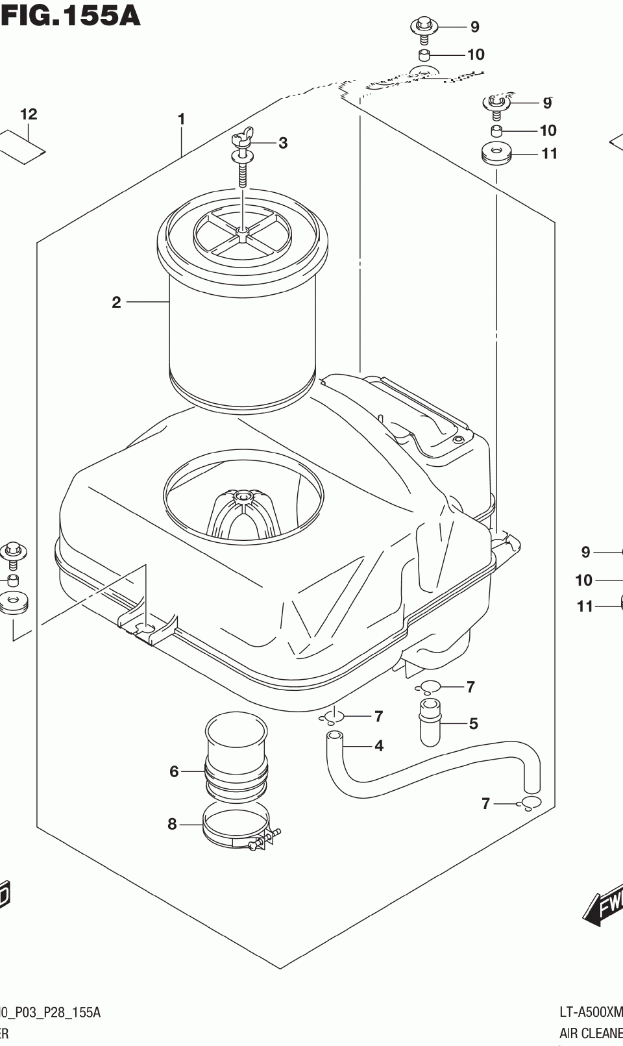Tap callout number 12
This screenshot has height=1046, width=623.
(29, 114)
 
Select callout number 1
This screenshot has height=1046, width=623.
(182, 119)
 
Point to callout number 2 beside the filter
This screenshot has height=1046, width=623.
(116, 302)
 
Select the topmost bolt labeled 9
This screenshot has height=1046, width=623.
(424, 28)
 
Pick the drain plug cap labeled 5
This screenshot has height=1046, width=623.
(430, 722)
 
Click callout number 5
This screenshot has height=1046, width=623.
(474, 723)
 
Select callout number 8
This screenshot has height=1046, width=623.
(172, 824)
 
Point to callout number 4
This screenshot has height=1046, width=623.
(379, 746)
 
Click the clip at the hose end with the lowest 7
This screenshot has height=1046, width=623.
(530, 803)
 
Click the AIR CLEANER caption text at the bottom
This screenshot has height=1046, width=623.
(591, 1033)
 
